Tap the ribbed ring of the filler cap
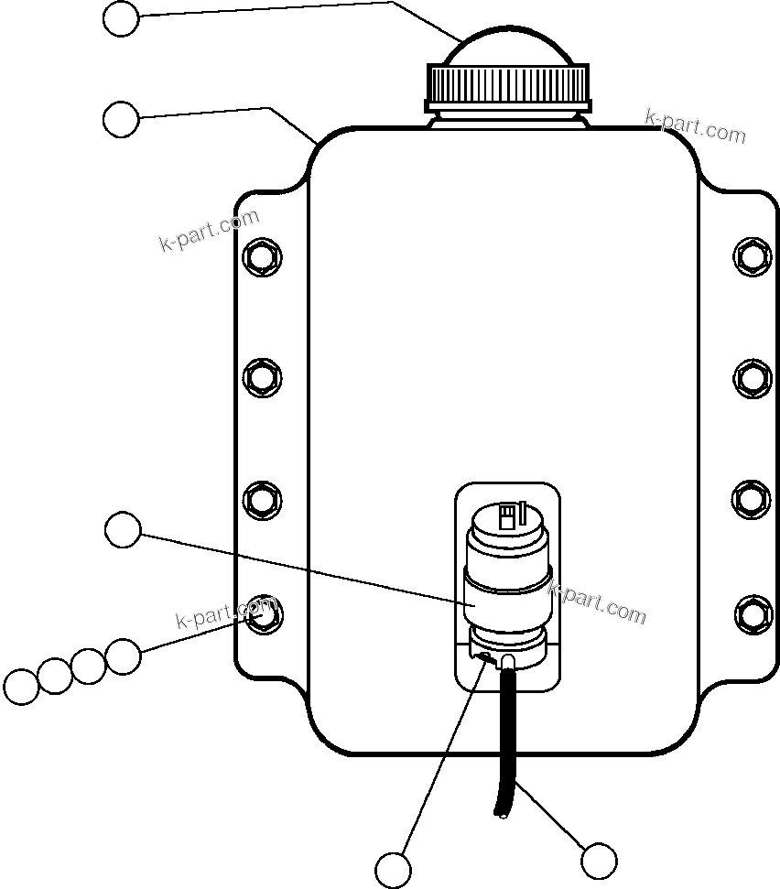[509, 84]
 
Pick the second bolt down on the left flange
[263, 376]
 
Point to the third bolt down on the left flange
[263, 499]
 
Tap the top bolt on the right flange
[752, 255]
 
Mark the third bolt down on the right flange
[752, 499]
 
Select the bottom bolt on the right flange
[752, 613]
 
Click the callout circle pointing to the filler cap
[121, 18]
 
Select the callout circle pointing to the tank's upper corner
[121, 119]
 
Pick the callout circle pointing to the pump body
[123, 530]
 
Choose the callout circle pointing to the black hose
[599, 861]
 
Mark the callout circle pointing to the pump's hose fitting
[394, 868]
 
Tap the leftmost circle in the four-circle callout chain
[20, 687]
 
